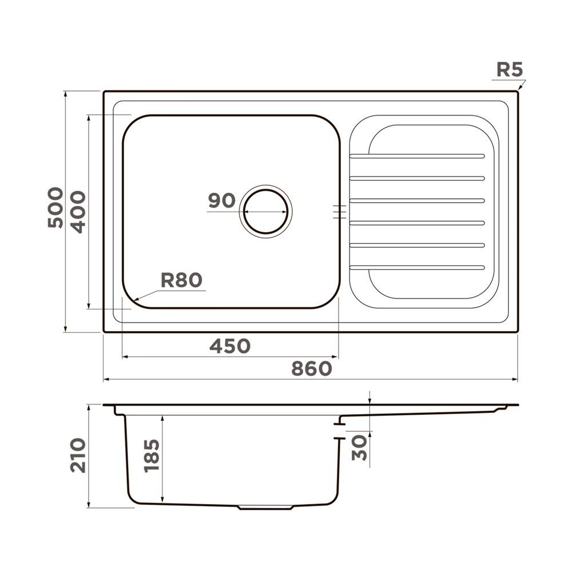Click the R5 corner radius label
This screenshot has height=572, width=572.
point(510,69)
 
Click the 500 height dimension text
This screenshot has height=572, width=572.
point(55,208)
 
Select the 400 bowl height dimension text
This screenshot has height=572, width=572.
point(78,212)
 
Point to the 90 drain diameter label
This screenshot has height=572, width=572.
point(222,200)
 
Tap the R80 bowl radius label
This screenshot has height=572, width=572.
point(181,280)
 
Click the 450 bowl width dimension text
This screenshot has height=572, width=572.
point(230,346)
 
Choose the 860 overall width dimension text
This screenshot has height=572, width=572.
point(312,368)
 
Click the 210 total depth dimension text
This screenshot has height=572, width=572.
point(78,456)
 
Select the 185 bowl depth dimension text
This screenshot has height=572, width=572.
point(152,456)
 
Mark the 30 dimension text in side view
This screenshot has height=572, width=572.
point(359,447)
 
